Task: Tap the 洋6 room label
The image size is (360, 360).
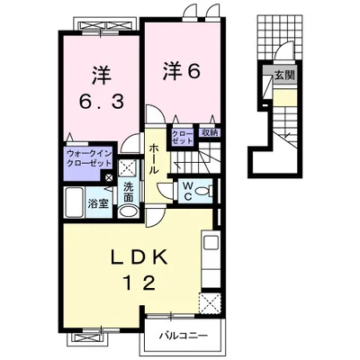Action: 181,71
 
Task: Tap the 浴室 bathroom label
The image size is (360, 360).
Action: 98,203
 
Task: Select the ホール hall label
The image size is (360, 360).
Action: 154,157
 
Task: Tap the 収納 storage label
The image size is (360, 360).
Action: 209,133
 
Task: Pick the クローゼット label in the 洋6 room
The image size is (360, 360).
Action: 182,137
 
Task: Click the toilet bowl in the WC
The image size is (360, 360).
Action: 203,190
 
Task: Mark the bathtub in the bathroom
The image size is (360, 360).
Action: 75,202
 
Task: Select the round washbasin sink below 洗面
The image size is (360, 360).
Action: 129,211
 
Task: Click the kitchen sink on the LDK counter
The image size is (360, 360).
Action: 211,242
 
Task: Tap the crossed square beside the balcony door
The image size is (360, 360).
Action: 211,301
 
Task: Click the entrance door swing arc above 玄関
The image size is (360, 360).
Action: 283,51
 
